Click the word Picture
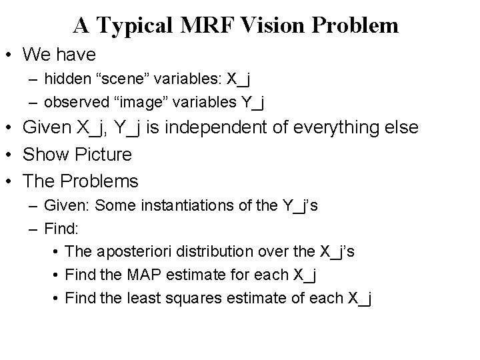(101, 155)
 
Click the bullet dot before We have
(10, 54)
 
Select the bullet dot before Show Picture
(10, 155)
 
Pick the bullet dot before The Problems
(10, 181)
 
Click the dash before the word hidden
(34, 79)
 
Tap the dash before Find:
(34, 229)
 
